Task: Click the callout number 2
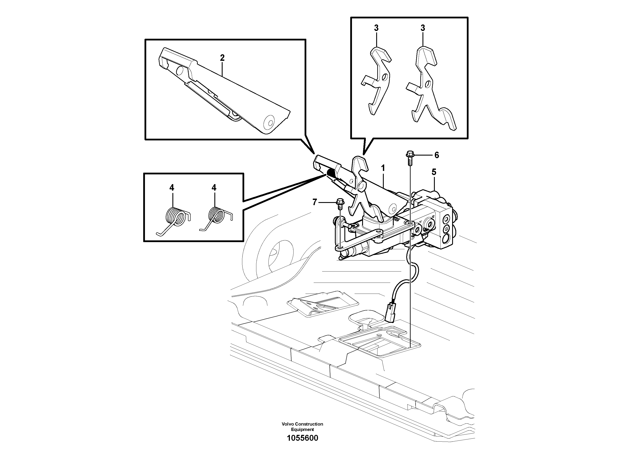pos(222,58)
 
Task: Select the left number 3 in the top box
pos(376,28)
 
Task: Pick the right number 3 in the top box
pos(423,28)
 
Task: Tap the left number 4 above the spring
pos(172,187)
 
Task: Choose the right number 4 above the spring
pos(214,187)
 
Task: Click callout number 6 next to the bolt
pos(437,155)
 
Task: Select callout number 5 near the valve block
pos(434,172)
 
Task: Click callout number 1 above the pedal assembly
pos(383,168)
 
